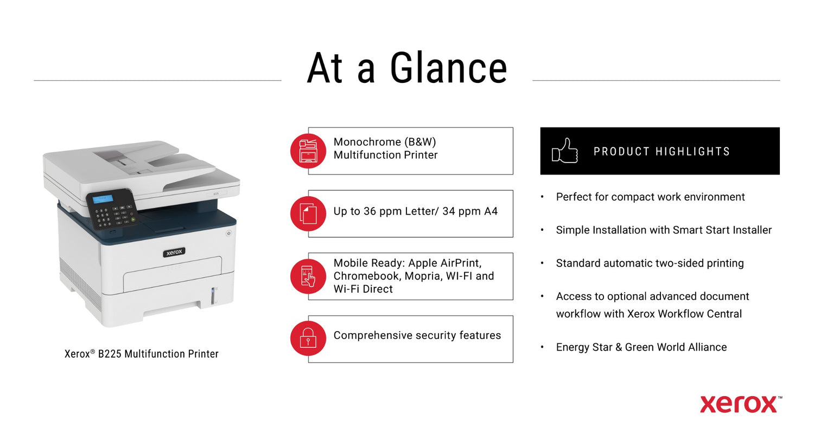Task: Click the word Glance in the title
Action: [448, 68]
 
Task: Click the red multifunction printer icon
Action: [308, 151]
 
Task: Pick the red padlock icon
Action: [308, 338]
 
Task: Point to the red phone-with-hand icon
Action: [308, 276]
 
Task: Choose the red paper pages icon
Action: [308, 213]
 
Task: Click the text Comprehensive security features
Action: [417, 335]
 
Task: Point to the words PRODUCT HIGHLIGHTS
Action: [662, 151]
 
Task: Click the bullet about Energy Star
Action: [641, 347]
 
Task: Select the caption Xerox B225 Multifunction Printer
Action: [141, 354]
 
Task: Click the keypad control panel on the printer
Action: [111, 209]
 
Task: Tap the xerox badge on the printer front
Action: [174, 252]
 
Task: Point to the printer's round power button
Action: [228, 233]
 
